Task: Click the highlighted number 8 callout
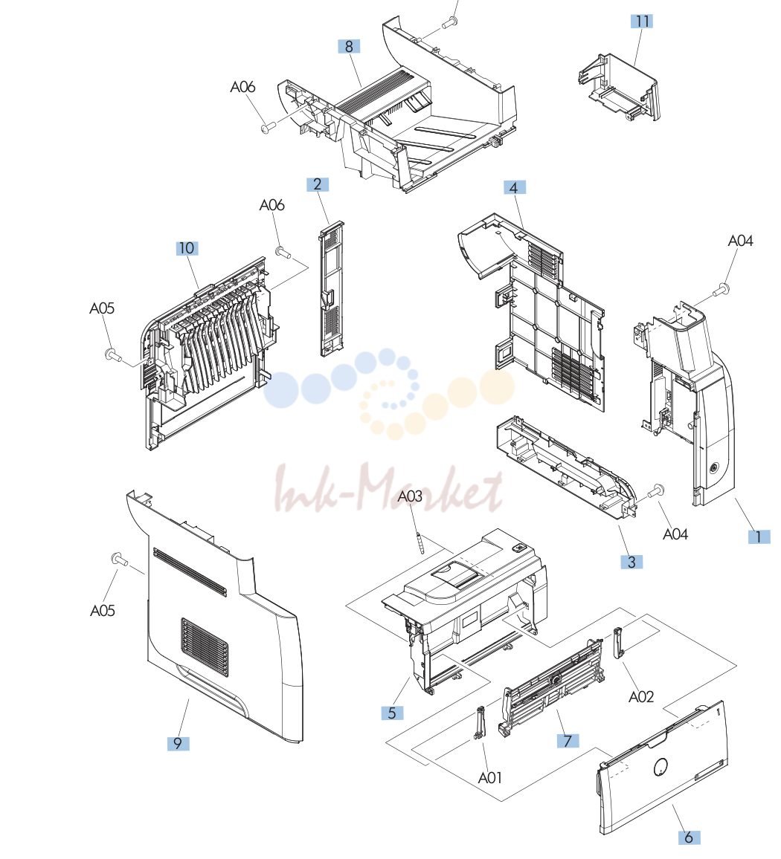(x=349, y=47)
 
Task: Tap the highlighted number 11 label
(x=642, y=22)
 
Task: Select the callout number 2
(x=318, y=184)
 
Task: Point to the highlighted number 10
(x=187, y=248)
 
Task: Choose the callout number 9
(x=178, y=743)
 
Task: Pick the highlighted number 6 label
(x=689, y=837)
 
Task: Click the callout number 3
(x=631, y=562)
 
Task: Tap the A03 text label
(x=410, y=496)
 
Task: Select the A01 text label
(x=489, y=778)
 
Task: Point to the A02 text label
(x=641, y=697)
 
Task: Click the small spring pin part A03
(x=421, y=543)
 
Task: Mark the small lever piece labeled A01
(x=480, y=723)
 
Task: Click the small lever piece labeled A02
(x=619, y=643)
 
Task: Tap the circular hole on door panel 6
(x=661, y=768)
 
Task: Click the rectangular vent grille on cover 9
(x=204, y=647)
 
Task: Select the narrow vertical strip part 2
(x=331, y=289)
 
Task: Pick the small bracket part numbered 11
(x=619, y=88)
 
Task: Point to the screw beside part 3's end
(x=655, y=491)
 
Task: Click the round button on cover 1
(x=713, y=468)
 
